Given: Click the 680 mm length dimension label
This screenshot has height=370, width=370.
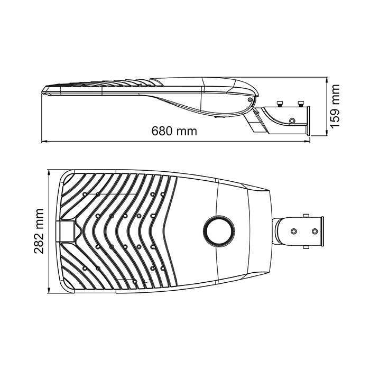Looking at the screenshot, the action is [x=174, y=131].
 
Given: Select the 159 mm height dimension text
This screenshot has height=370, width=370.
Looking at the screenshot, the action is [x=335, y=106].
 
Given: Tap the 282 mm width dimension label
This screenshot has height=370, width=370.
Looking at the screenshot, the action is [x=39, y=231].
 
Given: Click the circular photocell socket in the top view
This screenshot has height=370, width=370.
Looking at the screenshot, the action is [x=219, y=232].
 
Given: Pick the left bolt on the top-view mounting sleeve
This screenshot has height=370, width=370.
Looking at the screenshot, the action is [x=294, y=231].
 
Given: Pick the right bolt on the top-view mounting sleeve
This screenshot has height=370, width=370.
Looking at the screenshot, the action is [x=315, y=231].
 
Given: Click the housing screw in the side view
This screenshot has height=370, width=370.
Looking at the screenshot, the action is [x=249, y=99].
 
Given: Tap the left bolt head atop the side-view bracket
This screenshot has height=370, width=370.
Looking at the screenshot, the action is [x=280, y=104].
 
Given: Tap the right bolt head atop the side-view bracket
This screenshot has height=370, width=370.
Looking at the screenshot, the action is [x=301, y=104].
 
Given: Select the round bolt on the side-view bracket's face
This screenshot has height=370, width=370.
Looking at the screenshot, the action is [x=292, y=121].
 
